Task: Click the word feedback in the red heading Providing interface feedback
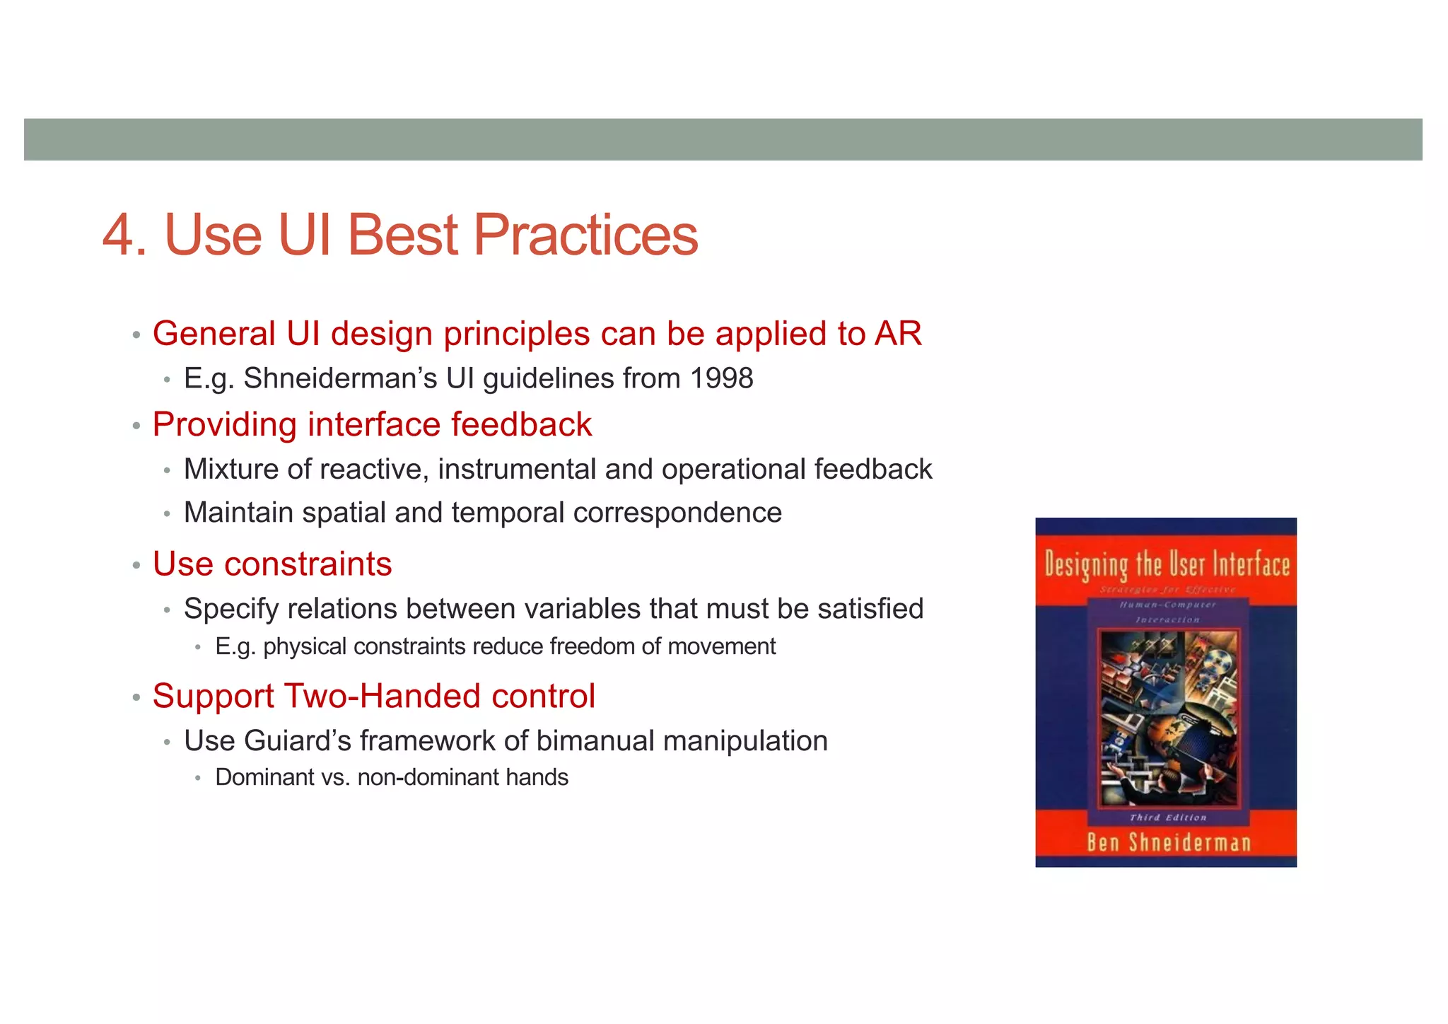(x=521, y=425)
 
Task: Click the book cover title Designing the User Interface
(x=1167, y=565)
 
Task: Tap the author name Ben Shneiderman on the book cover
(x=1168, y=843)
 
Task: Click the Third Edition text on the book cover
(x=1167, y=818)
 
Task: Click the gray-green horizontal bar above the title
(x=723, y=139)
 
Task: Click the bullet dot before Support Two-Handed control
(x=136, y=698)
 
